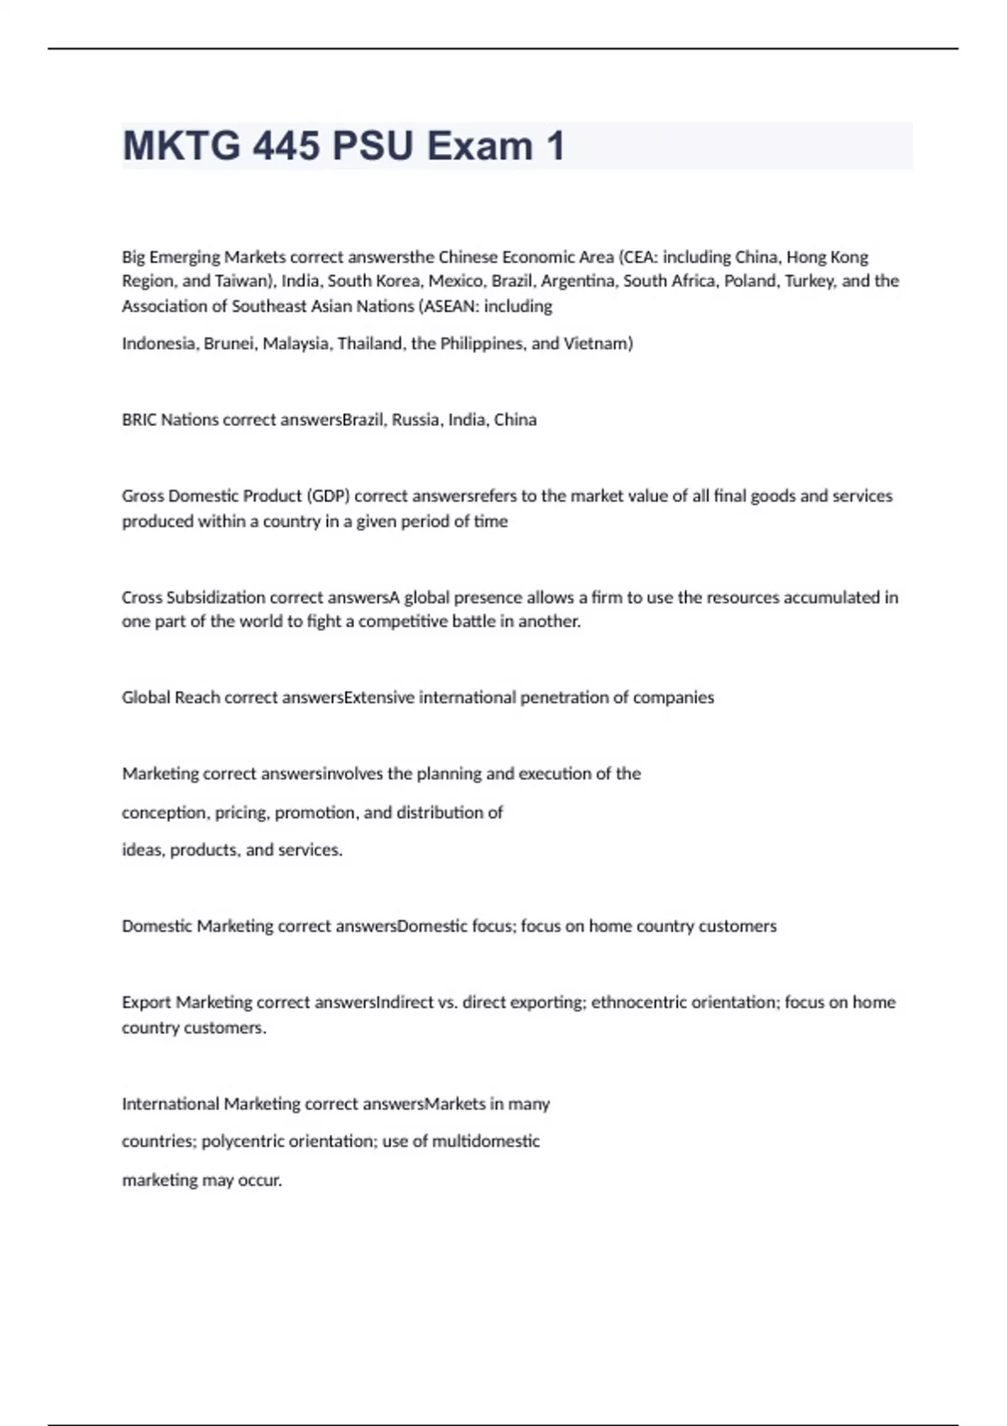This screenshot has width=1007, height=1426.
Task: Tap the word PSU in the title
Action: pos(373,146)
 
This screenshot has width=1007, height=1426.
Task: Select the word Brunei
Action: pos(228,344)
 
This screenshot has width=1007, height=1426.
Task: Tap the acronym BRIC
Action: pos(139,419)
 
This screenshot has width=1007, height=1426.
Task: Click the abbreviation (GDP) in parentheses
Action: pos(328,496)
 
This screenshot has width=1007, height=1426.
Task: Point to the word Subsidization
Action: pos(216,597)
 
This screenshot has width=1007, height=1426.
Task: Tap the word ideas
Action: pos(143,850)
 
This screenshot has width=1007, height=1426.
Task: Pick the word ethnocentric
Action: pos(639,1002)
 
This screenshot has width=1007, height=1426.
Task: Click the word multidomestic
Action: pos(486,1142)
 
